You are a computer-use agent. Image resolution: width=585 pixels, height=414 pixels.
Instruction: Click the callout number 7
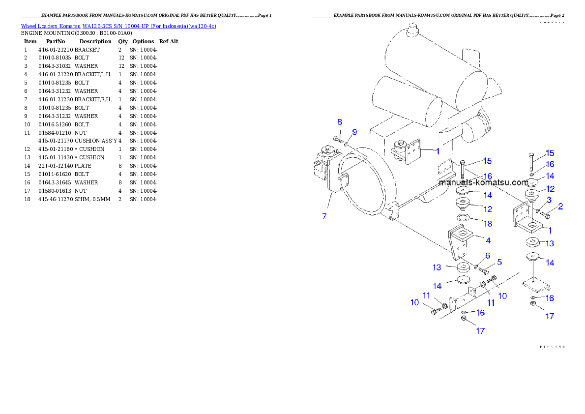point(324,216)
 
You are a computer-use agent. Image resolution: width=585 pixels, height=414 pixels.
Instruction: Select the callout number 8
point(339,122)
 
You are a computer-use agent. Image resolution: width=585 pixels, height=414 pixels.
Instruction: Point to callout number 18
point(488,223)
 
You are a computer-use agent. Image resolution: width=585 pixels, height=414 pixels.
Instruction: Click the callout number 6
point(488,255)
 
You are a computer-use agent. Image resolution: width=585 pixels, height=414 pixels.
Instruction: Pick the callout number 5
point(499,262)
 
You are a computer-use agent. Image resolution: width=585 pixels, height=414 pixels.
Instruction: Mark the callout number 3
point(549,200)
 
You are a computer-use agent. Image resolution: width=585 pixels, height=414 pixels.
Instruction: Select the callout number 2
point(560,206)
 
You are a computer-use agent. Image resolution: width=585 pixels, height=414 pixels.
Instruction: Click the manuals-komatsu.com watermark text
point(483,182)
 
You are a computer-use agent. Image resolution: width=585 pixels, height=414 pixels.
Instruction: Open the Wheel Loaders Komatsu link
point(118,26)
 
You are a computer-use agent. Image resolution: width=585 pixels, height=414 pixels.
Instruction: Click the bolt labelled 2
point(545,213)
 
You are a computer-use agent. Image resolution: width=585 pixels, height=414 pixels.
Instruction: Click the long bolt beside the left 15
point(463,169)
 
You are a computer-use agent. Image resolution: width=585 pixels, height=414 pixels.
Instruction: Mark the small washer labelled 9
point(346,144)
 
